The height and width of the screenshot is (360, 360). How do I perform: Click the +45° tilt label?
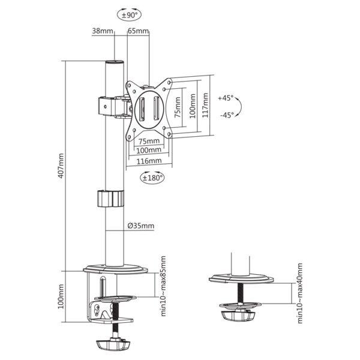tap(226, 97)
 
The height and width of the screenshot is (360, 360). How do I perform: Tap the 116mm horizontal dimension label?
tap(149, 161)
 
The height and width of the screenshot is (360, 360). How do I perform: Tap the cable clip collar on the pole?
tap(109, 199)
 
